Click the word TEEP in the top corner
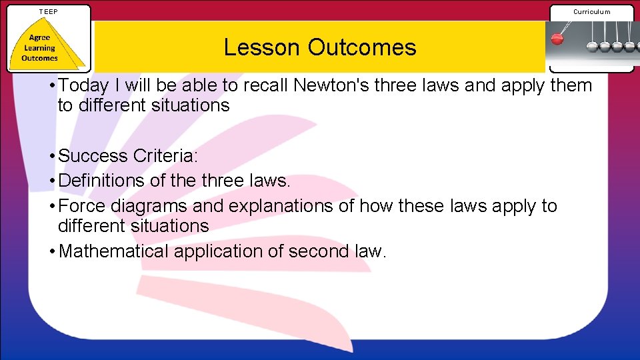pyautogui.click(x=49, y=11)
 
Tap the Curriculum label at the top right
pyautogui.click(x=591, y=11)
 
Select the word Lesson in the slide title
pyautogui.click(x=262, y=47)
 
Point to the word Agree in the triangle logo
pyautogui.click(x=39, y=38)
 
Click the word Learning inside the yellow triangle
pyautogui.click(x=39, y=48)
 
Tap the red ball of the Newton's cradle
pyautogui.click(x=557, y=39)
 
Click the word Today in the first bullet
pyautogui.click(x=84, y=85)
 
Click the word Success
pyautogui.click(x=93, y=156)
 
